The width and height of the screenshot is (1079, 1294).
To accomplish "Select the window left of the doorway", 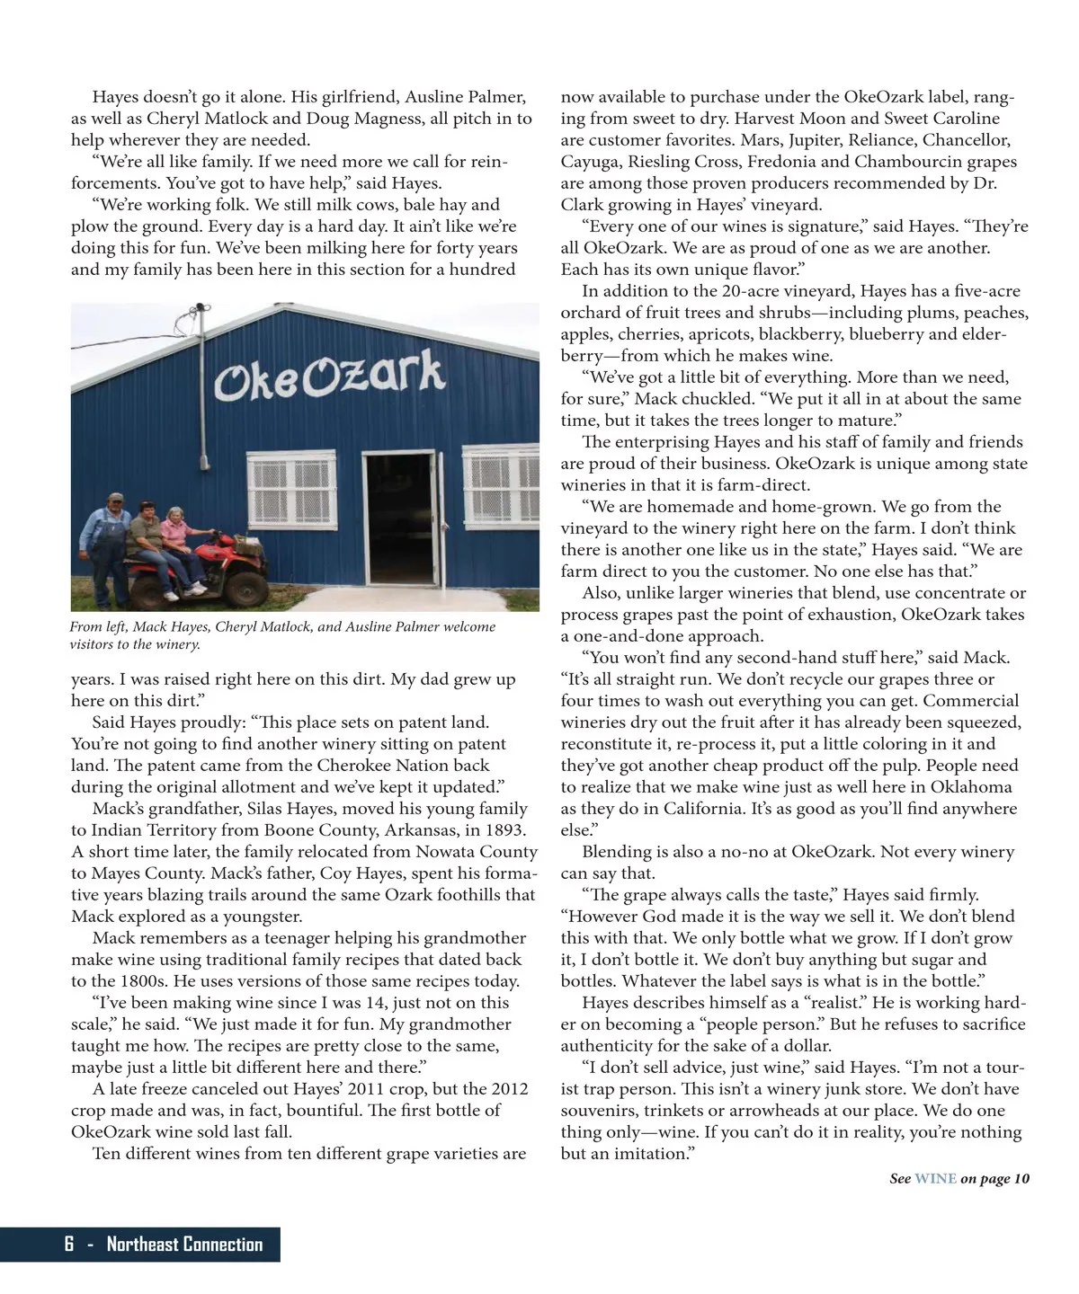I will click(x=291, y=491).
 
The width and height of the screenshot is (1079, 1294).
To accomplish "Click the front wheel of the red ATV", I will click(x=245, y=583).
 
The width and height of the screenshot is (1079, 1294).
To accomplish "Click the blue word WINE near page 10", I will click(x=935, y=1179).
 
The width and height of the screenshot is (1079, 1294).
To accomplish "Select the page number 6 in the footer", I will click(x=69, y=1245).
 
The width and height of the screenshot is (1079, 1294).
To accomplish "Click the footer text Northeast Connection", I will click(x=184, y=1245).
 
